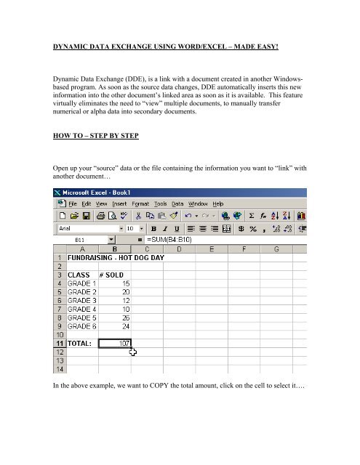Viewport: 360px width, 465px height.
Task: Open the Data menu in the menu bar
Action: (177, 203)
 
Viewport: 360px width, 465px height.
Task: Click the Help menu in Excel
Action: (219, 203)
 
